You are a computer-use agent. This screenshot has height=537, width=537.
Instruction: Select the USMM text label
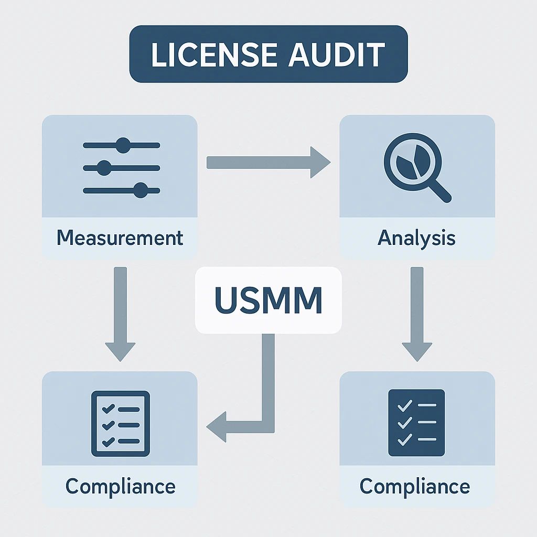click(268, 300)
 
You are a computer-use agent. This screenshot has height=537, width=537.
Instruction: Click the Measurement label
click(120, 238)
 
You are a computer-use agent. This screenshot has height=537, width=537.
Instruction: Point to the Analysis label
click(417, 238)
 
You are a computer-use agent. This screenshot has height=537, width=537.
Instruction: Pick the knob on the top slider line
click(123, 145)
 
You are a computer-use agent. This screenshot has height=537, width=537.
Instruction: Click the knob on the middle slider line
click(104, 168)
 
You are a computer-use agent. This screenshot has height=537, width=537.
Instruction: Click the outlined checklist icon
click(121, 423)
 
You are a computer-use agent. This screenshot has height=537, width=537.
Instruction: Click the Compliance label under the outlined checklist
click(120, 486)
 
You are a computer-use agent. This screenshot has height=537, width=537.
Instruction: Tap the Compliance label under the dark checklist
click(415, 486)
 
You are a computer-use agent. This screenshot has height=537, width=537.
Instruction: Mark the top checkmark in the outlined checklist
click(109, 407)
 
